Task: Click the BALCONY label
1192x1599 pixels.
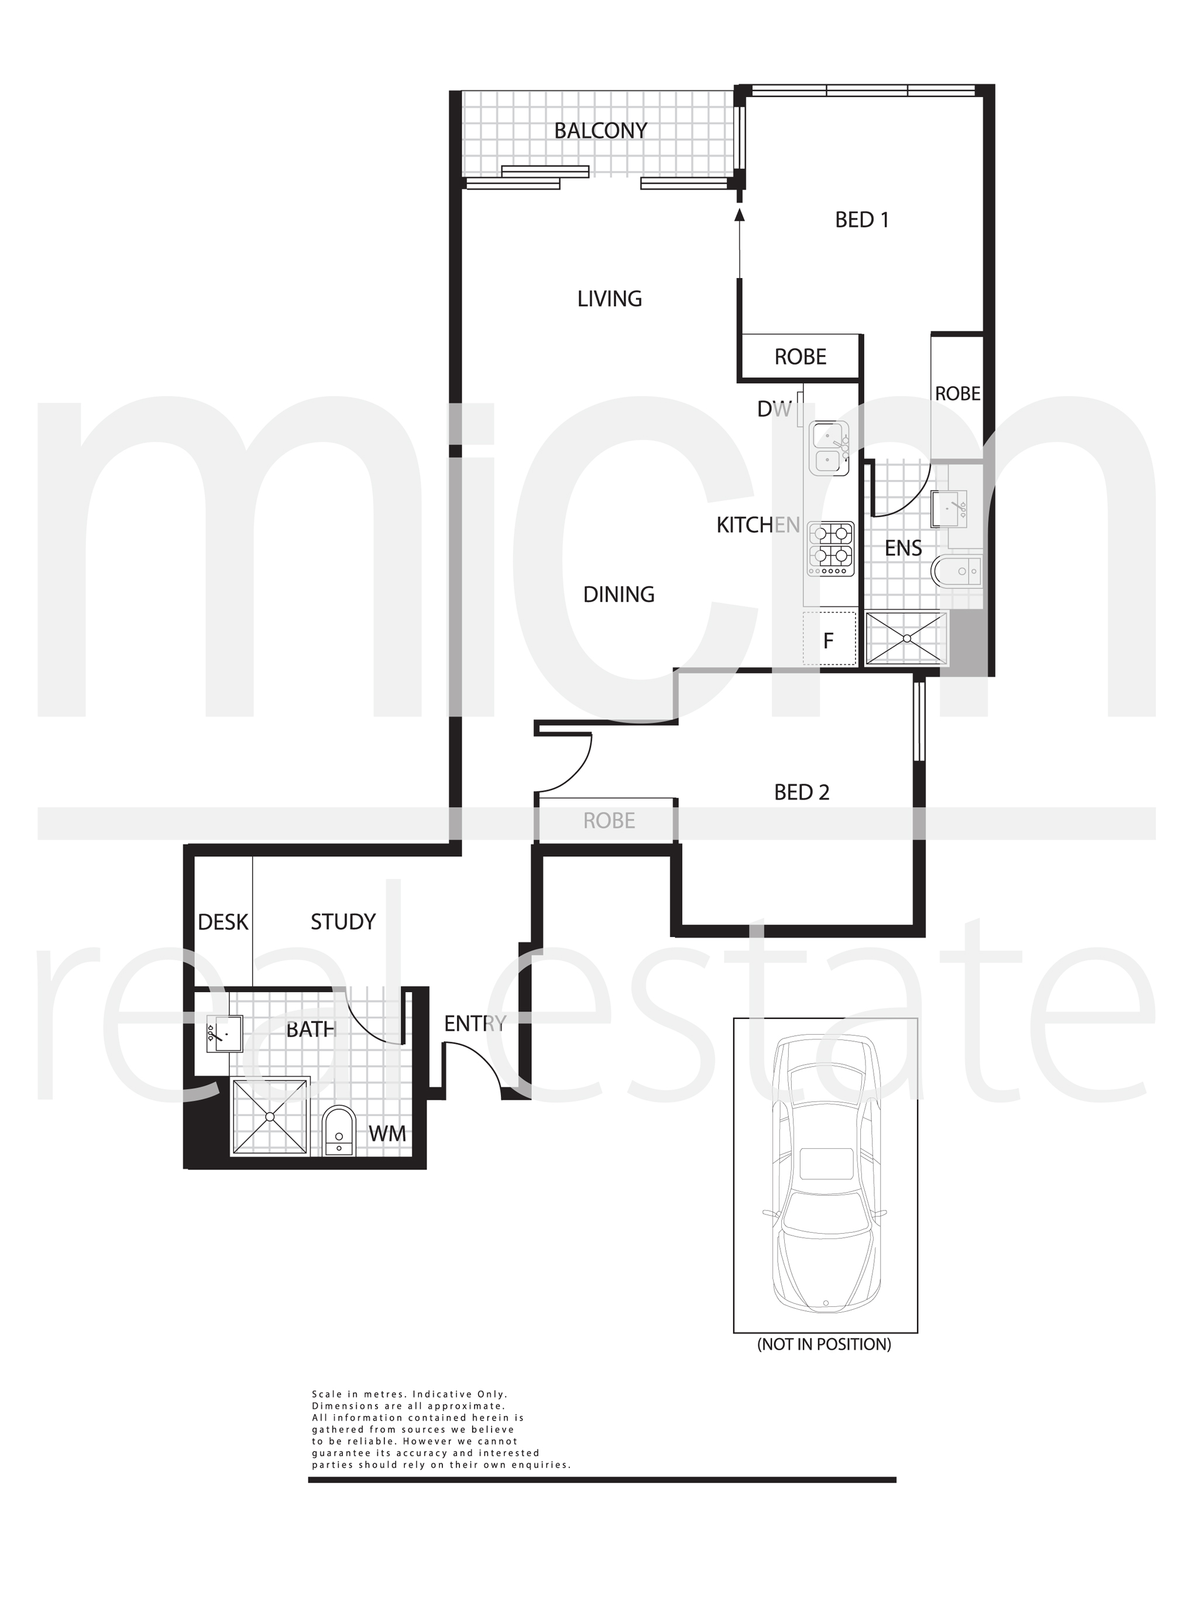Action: pos(600,131)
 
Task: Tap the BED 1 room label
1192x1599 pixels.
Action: pos(861,219)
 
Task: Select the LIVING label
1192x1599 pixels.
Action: pos(609,298)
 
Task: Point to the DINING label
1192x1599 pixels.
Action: pos(619,595)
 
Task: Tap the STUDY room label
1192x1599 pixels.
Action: pos(343,921)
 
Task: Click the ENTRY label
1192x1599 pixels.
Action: pos(475,1023)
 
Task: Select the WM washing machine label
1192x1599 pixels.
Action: pos(387,1134)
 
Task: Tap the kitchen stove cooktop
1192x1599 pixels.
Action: pos(831,549)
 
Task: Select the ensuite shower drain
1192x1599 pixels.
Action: pos(906,639)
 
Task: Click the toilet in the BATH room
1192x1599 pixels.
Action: pos(338,1131)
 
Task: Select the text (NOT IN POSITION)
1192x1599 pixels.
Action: pos(824,1344)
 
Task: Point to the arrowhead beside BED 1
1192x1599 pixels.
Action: pos(739,214)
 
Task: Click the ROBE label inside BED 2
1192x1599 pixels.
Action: pos(609,821)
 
